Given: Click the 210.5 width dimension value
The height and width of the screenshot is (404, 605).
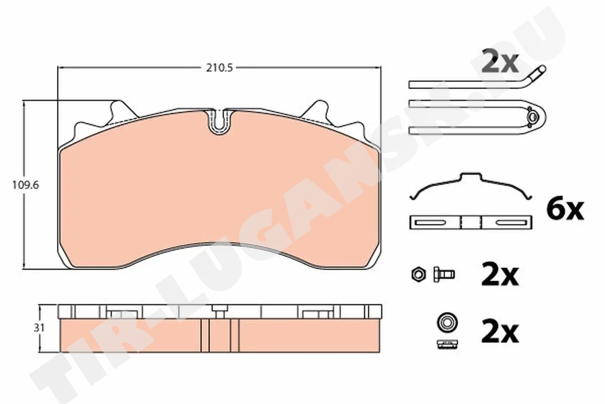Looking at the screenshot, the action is pos(219,68).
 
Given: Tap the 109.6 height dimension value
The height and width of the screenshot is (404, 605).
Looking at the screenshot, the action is pos(26,185).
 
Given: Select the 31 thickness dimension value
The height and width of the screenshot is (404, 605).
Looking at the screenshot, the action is pos(39,328).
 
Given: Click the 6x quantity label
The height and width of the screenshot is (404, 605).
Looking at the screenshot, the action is pos(565,210).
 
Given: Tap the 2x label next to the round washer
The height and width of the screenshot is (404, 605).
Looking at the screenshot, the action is pos(500,333).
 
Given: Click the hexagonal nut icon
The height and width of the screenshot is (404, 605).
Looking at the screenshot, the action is pos(418,275).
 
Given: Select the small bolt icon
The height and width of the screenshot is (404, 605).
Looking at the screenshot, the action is pos(444,275).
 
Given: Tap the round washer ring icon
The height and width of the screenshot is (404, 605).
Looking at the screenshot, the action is pos(447,323).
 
